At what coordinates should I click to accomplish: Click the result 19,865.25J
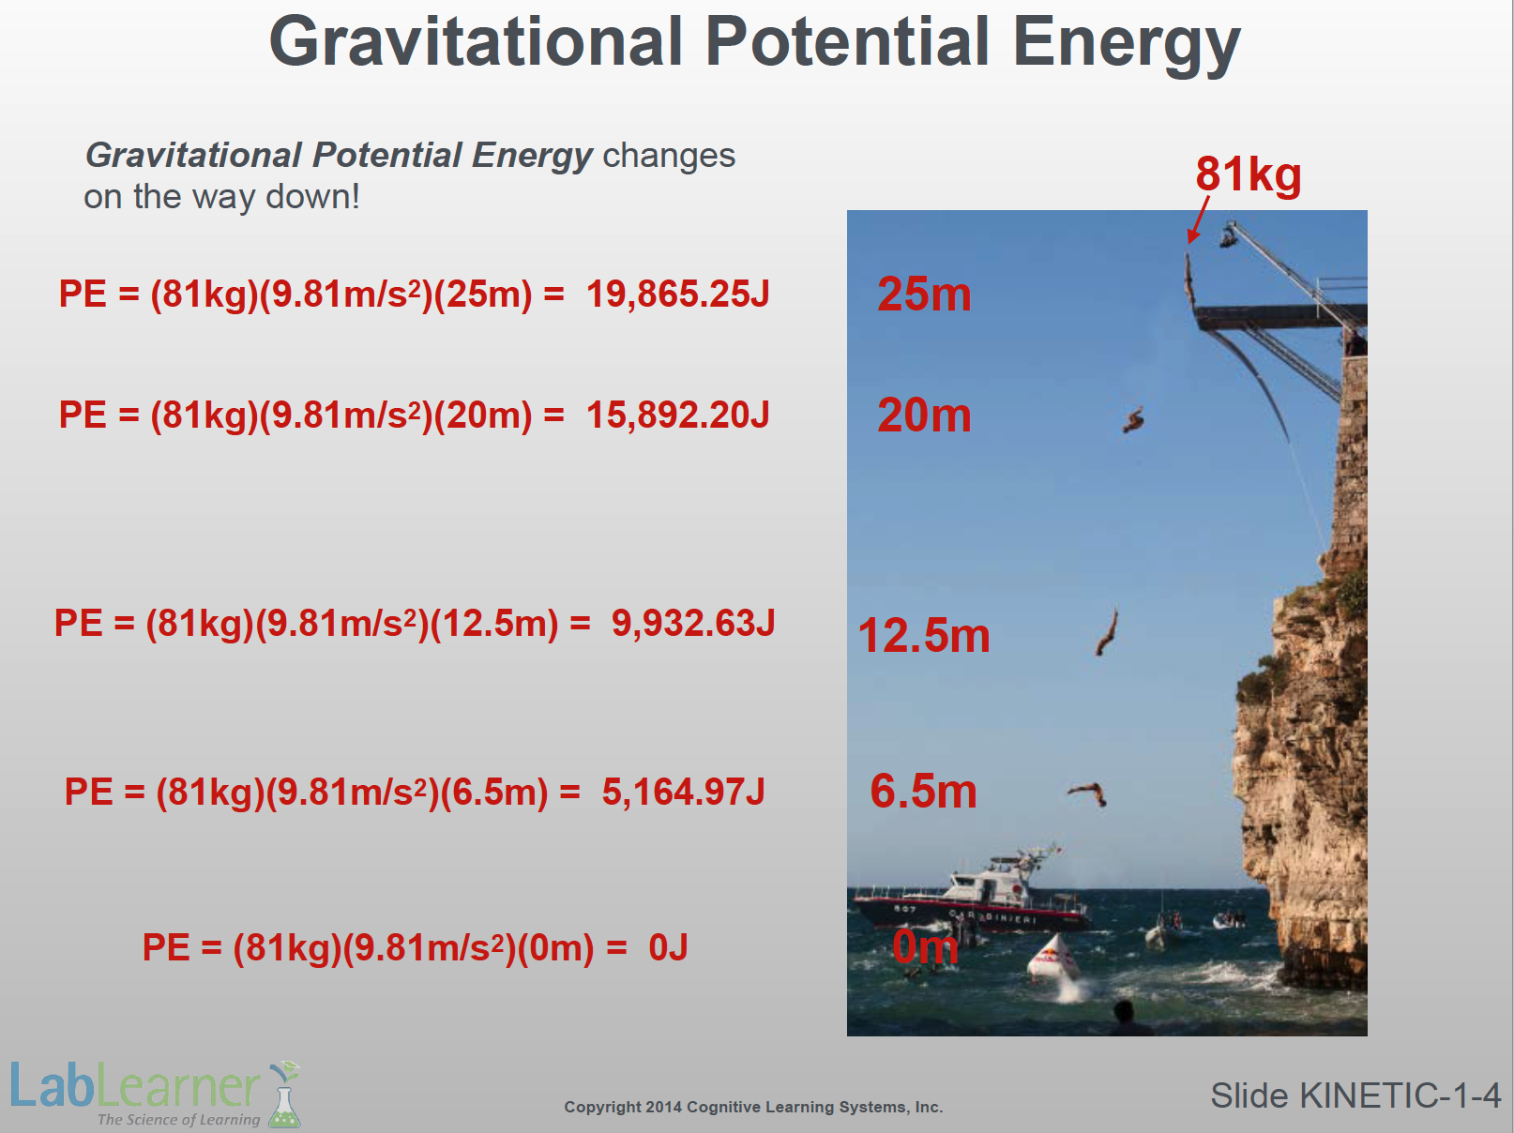[x=677, y=294]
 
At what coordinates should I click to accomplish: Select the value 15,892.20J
[x=677, y=415]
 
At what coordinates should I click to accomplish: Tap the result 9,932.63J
[x=692, y=624]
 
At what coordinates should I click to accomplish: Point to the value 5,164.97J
[x=683, y=791]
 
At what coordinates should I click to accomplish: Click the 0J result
[x=668, y=946]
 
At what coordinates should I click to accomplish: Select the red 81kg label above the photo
[x=1248, y=174]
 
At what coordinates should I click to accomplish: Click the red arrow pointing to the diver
[x=1198, y=220]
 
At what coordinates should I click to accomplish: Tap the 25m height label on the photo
[x=924, y=294]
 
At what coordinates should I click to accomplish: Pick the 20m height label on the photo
[x=924, y=415]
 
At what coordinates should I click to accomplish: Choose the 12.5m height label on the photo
[x=924, y=635]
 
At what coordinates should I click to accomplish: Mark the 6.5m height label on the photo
[x=924, y=791]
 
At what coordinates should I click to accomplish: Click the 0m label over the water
[x=925, y=946]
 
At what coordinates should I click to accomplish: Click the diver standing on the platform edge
[x=1189, y=280]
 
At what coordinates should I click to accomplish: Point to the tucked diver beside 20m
[x=1133, y=420]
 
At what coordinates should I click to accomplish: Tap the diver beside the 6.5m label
[x=1089, y=793]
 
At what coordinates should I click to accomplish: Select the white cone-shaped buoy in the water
[x=1053, y=958]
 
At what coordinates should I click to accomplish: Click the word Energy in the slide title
[x=1126, y=43]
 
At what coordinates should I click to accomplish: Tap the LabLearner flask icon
[x=283, y=1095]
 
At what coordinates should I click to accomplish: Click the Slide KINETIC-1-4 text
[x=1355, y=1095]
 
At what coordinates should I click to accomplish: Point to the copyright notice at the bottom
[x=753, y=1107]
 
